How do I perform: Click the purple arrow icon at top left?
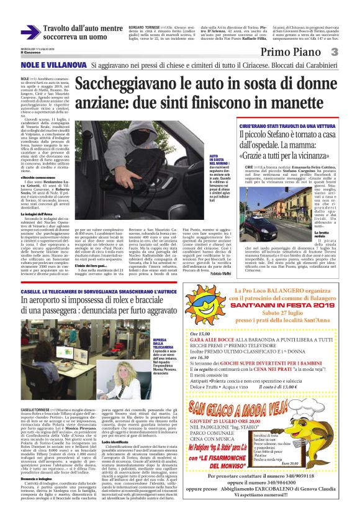(x=29, y=33)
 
